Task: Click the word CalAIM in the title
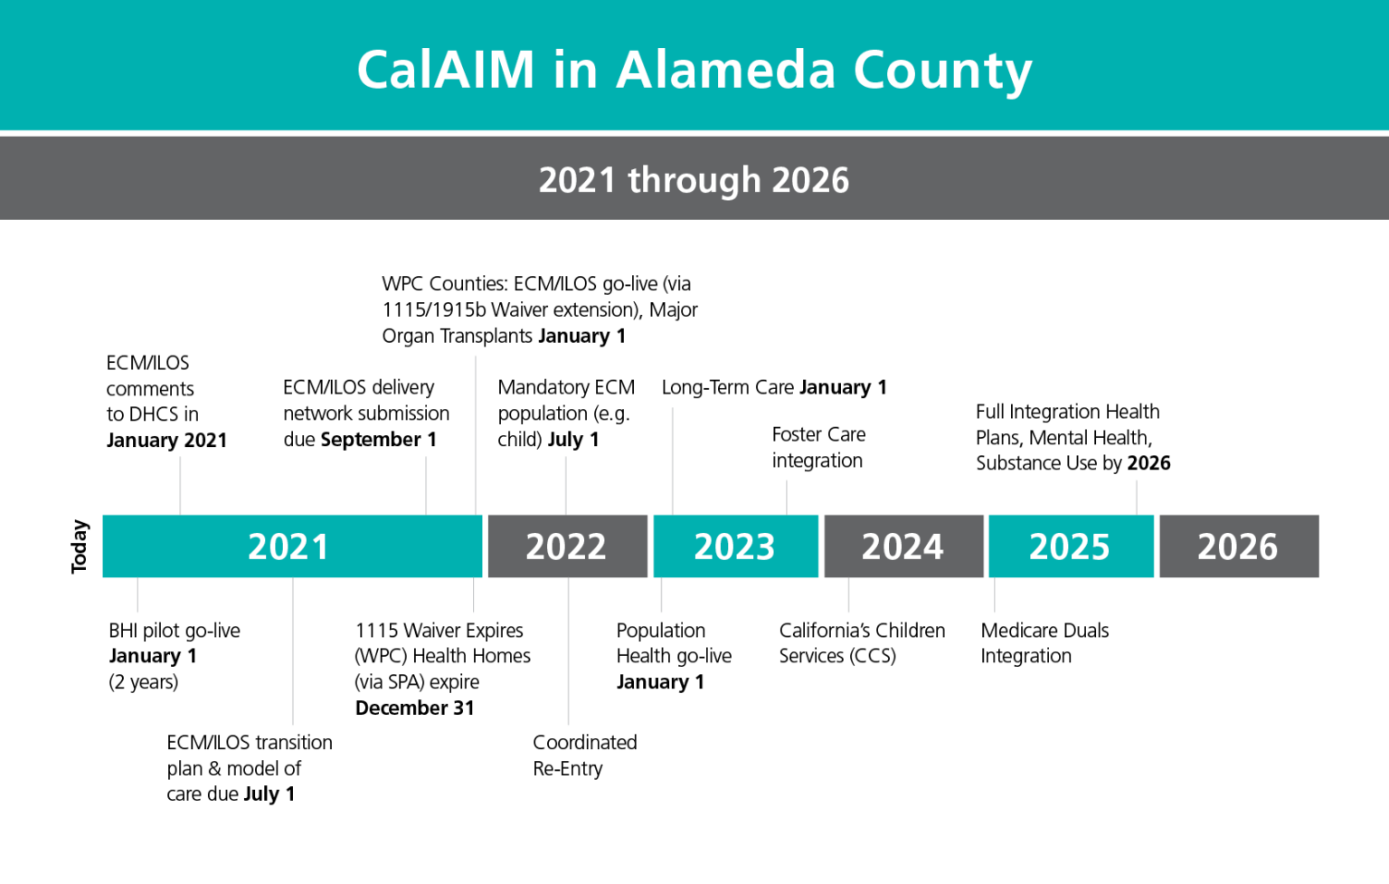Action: (445, 70)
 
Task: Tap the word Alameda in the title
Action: (725, 70)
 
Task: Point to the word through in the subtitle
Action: (694, 181)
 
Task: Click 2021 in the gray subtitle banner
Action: (577, 180)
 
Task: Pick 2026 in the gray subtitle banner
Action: (810, 180)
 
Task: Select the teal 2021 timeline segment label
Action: (288, 547)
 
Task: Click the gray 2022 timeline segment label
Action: (565, 547)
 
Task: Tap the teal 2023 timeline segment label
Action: (734, 547)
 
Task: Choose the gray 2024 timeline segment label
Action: (902, 547)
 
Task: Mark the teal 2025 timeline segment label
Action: (1069, 547)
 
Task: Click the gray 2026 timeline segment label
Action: (1237, 547)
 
